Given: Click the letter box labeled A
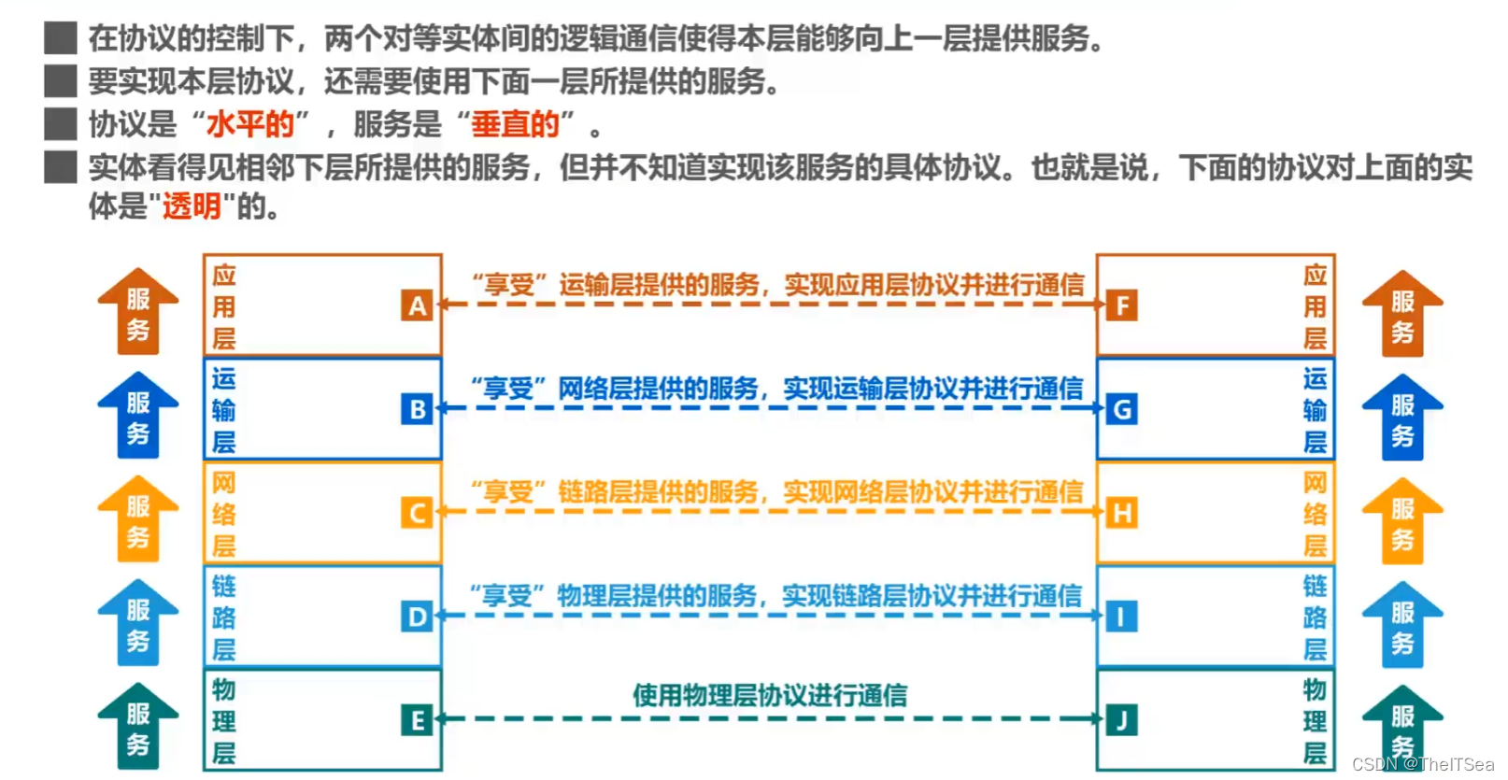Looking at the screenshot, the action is (417, 305).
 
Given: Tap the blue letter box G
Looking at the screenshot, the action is (1121, 409).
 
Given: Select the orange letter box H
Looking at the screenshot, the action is (1121, 513).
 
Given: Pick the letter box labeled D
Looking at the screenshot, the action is (417, 617).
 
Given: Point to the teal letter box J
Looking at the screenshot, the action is (1121, 720).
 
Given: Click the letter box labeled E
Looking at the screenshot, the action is (417, 720).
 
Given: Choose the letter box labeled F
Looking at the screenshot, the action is (1121, 305).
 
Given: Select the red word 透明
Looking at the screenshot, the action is (192, 206).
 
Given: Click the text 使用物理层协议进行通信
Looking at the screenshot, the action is (770, 695).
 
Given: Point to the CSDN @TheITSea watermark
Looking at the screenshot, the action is (1422, 764).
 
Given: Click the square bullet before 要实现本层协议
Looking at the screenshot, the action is (61, 81).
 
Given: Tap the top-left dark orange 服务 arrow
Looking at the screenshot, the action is (138, 313).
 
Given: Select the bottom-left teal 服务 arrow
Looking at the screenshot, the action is (138, 727).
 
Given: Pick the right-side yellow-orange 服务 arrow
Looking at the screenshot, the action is (1401, 521).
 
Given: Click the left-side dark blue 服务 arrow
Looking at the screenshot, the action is (138, 417).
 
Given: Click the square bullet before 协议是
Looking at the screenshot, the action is (61, 124).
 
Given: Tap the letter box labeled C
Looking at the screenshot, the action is (417, 513).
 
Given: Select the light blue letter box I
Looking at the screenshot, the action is (1121, 617).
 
